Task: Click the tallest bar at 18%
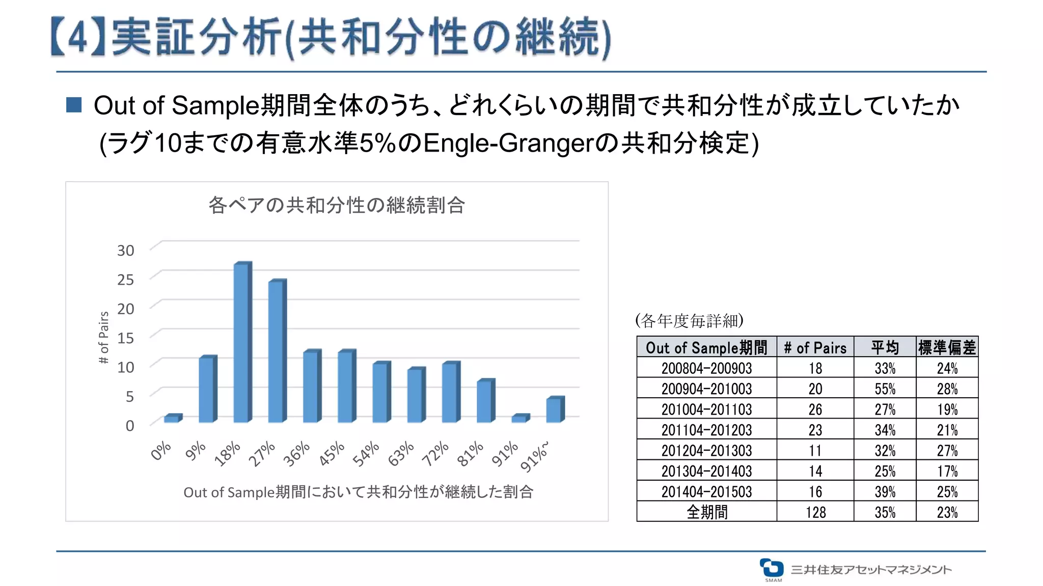242,343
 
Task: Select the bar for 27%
277,352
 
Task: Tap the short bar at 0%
172,419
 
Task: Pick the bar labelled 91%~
555,410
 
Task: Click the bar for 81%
485,401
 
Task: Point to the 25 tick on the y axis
125,280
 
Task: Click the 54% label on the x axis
367,454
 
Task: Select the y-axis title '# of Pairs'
104,338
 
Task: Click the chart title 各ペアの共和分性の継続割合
337,206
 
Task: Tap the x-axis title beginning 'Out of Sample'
358,492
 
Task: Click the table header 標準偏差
947,347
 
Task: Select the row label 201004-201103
706,409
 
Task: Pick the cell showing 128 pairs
815,512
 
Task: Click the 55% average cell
885,389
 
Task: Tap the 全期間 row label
706,512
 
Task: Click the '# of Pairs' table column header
815,347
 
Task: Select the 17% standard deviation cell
947,471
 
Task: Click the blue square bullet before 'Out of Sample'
74,105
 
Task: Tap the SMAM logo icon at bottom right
772,568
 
